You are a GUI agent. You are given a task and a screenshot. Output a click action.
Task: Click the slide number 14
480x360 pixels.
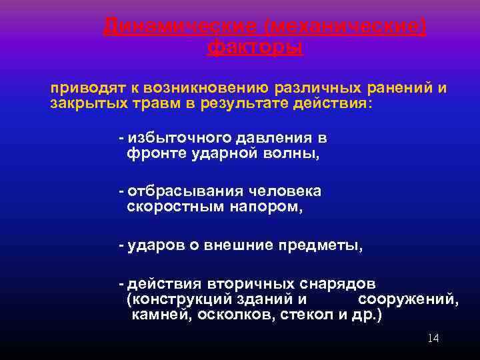pos(433,339)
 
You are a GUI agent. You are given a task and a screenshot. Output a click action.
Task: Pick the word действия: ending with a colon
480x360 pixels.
pos(337,104)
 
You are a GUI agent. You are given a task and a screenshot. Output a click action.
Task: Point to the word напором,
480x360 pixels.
pos(267,207)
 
